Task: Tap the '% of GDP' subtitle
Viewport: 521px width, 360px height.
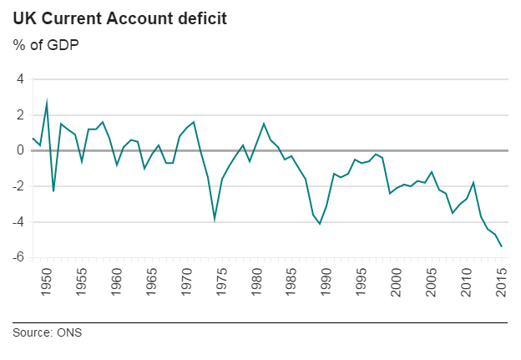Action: (47, 44)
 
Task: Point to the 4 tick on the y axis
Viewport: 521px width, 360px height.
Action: (20, 79)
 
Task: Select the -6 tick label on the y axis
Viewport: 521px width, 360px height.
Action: (18, 257)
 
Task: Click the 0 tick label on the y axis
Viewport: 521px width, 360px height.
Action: (20, 150)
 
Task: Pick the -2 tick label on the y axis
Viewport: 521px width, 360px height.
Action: (18, 186)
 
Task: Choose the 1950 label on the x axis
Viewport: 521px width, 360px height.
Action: (48, 281)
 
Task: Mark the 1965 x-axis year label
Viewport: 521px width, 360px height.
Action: (153, 281)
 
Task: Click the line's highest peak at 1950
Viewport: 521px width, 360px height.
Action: (47, 102)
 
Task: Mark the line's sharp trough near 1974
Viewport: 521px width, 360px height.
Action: (215, 219)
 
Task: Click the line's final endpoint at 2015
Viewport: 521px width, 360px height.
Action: (502, 246)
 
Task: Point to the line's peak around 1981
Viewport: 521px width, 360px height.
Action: (264, 124)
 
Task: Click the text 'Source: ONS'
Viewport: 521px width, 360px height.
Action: (48, 332)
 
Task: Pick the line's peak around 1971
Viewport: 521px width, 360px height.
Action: (194, 122)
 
